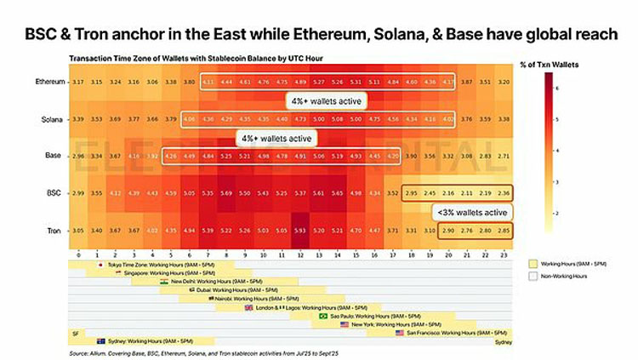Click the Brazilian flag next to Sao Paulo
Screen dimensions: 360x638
point(322,316)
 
